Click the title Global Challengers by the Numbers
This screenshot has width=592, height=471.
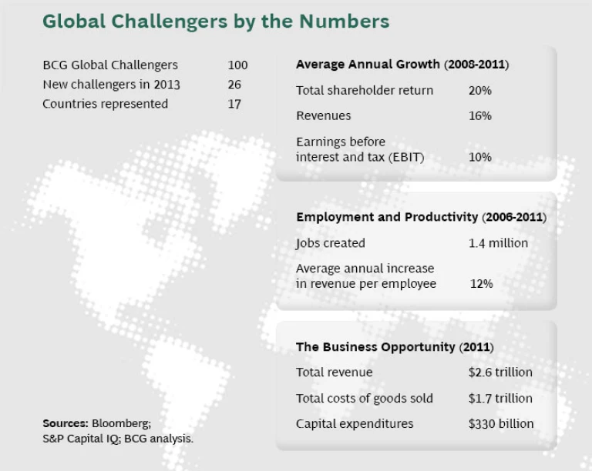click(x=216, y=21)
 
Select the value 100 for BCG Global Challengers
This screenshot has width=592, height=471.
click(x=238, y=65)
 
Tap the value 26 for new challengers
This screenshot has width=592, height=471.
click(x=235, y=85)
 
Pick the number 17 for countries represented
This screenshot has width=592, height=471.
click(x=234, y=104)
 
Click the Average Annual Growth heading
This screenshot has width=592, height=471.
click(x=402, y=65)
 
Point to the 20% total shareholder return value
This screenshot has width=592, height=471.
click(x=479, y=91)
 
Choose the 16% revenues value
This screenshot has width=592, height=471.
click(x=479, y=116)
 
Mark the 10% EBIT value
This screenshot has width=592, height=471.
click(x=479, y=157)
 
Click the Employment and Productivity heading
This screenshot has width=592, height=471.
click(x=421, y=218)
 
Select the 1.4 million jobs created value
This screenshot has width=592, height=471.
click(x=498, y=243)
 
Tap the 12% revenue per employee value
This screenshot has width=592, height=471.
click(x=481, y=284)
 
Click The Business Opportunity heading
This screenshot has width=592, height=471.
click(x=395, y=347)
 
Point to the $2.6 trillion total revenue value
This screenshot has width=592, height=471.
click(x=500, y=372)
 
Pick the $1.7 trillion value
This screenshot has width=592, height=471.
click(x=500, y=399)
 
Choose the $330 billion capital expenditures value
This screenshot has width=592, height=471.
click(x=500, y=424)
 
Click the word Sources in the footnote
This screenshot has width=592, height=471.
click(x=65, y=423)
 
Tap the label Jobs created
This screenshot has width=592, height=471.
click(x=331, y=243)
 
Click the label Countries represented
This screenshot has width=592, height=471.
click(x=105, y=104)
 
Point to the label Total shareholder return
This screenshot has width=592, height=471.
click(x=365, y=91)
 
